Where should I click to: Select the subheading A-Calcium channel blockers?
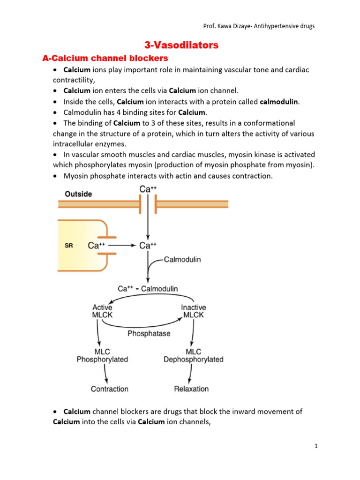pos(105,58)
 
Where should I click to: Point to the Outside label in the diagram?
pos(78,194)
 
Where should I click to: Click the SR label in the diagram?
pos(68,245)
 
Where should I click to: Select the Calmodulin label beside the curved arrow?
pos(183,259)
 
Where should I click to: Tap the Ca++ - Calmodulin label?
pos(148,289)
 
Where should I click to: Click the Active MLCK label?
pos(102,311)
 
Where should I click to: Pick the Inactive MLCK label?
pos(193,311)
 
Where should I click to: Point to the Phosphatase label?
pos(149,334)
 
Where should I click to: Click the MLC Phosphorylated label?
pos(102,355)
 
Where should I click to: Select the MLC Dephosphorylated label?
pos(193,355)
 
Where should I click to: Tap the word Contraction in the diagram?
pos(110,389)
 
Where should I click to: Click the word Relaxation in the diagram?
pos(191,389)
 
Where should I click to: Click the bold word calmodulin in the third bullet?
pos(279,102)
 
